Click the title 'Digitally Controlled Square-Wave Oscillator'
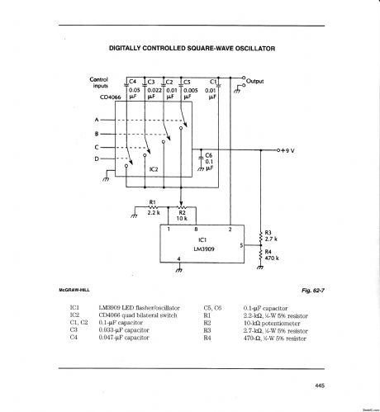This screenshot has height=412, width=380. [191, 47]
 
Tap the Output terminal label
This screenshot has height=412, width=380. [256, 81]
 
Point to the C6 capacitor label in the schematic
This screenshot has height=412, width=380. [209, 154]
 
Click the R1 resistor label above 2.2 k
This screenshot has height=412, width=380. [152, 201]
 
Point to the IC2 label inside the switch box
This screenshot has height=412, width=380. [153, 170]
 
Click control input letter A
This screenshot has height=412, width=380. [97, 121]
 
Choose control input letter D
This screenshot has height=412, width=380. [97, 158]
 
